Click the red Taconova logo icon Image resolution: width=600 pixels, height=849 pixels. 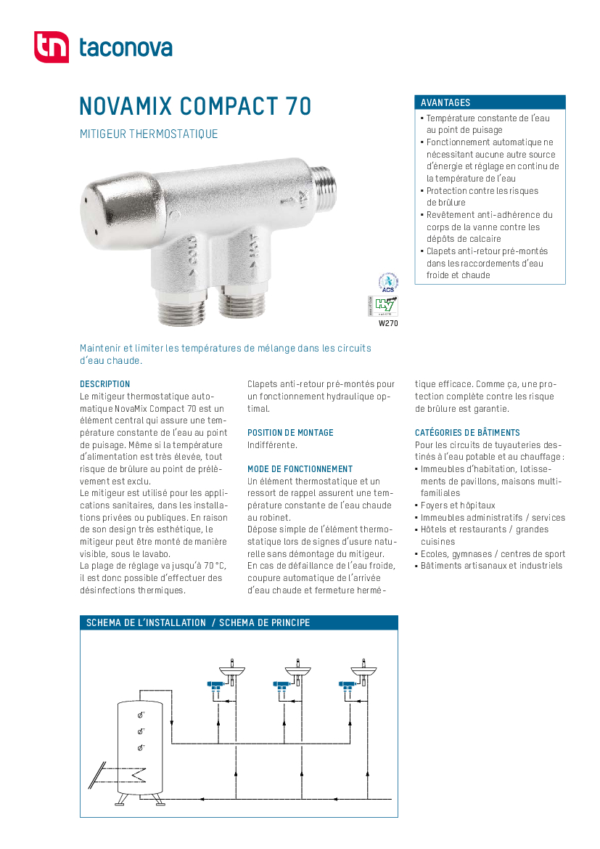coord(51,47)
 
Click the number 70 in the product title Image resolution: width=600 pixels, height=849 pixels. coord(297,106)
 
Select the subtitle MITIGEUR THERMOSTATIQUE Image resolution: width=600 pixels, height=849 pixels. coord(148,134)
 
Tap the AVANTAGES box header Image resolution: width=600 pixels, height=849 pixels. coord(490,102)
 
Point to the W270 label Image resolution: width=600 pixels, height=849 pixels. coord(388,324)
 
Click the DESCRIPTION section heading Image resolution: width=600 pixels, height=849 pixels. coord(104,384)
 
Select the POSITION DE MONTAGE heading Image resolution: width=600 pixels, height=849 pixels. coord(290,433)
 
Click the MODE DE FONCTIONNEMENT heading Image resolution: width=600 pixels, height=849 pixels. coord(300,469)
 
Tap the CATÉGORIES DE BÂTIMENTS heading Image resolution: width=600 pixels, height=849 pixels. coord(467,433)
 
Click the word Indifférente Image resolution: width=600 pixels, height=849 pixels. coord(272,444)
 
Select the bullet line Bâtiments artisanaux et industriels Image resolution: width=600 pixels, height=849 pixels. coord(491,566)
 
